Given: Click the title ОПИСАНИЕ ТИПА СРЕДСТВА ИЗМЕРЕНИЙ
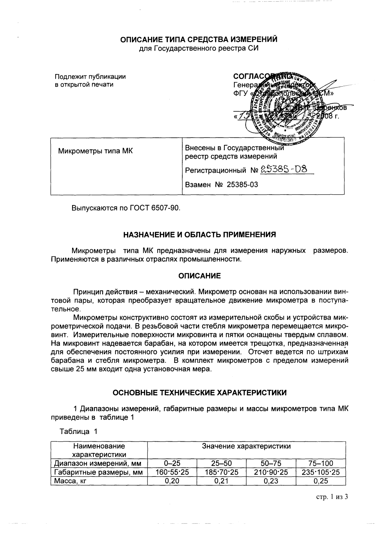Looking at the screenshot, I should coord(199,39).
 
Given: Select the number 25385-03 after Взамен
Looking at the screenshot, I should coord(242,184).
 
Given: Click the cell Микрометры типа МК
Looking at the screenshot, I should coord(95,151).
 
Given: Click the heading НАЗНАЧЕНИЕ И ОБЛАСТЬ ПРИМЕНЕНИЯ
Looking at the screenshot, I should coord(200,235).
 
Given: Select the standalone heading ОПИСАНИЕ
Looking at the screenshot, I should coord(199,276).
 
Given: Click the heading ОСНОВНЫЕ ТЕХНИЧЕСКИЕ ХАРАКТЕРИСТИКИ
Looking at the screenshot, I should coord(199,393).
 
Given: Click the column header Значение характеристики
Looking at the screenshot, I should coord(246,446).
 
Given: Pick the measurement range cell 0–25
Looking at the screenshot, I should coord(172,463).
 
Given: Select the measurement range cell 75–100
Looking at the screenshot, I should coord(320,463).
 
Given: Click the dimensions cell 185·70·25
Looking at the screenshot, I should coord(221,472).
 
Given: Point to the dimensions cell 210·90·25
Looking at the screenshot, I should coord(271,472).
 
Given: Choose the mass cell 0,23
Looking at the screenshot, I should coord(271,481).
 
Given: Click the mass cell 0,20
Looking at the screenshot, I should coord(172,481).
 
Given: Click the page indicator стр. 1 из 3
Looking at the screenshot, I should coord(332,497).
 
